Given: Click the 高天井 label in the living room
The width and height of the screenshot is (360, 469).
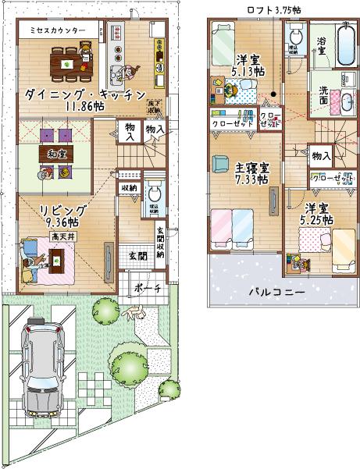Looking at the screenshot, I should point(60,235).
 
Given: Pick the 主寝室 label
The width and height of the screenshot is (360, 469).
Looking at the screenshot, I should point(251,167).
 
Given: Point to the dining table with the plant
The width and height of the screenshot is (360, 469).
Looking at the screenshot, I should point(70,59).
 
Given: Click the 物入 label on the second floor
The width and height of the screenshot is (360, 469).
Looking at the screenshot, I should point(320,156).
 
